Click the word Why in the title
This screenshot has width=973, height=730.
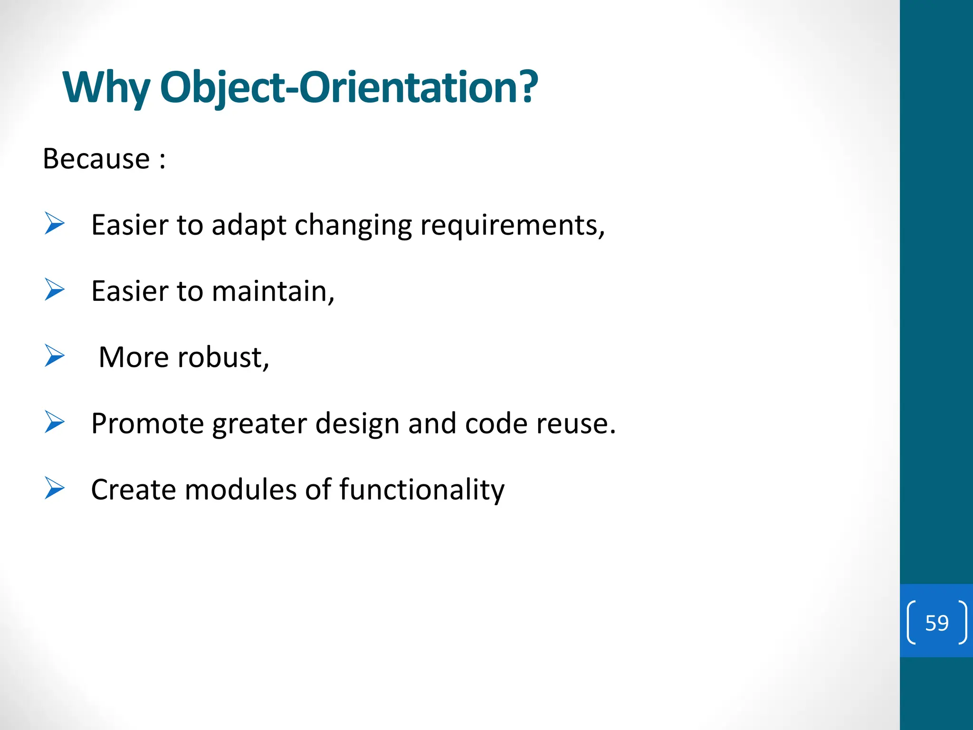coord(105,88)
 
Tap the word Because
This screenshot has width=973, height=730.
coord(96,159)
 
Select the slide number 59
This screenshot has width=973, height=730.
coord(936,623)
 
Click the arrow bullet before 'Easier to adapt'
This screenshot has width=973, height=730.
coord(54,224)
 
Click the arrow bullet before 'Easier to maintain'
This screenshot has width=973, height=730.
coord(54,290)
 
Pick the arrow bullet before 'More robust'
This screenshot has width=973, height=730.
coord(54,356)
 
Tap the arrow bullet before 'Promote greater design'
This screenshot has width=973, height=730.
coord(54,422)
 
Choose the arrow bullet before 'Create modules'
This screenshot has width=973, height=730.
coord(54,488)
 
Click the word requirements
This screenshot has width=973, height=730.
coord(511,226)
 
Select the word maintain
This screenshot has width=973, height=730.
coord(272,291)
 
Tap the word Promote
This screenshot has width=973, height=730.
coord(147,423)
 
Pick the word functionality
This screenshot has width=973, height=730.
coord(421,490)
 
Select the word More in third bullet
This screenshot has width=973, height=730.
coord(134,357)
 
